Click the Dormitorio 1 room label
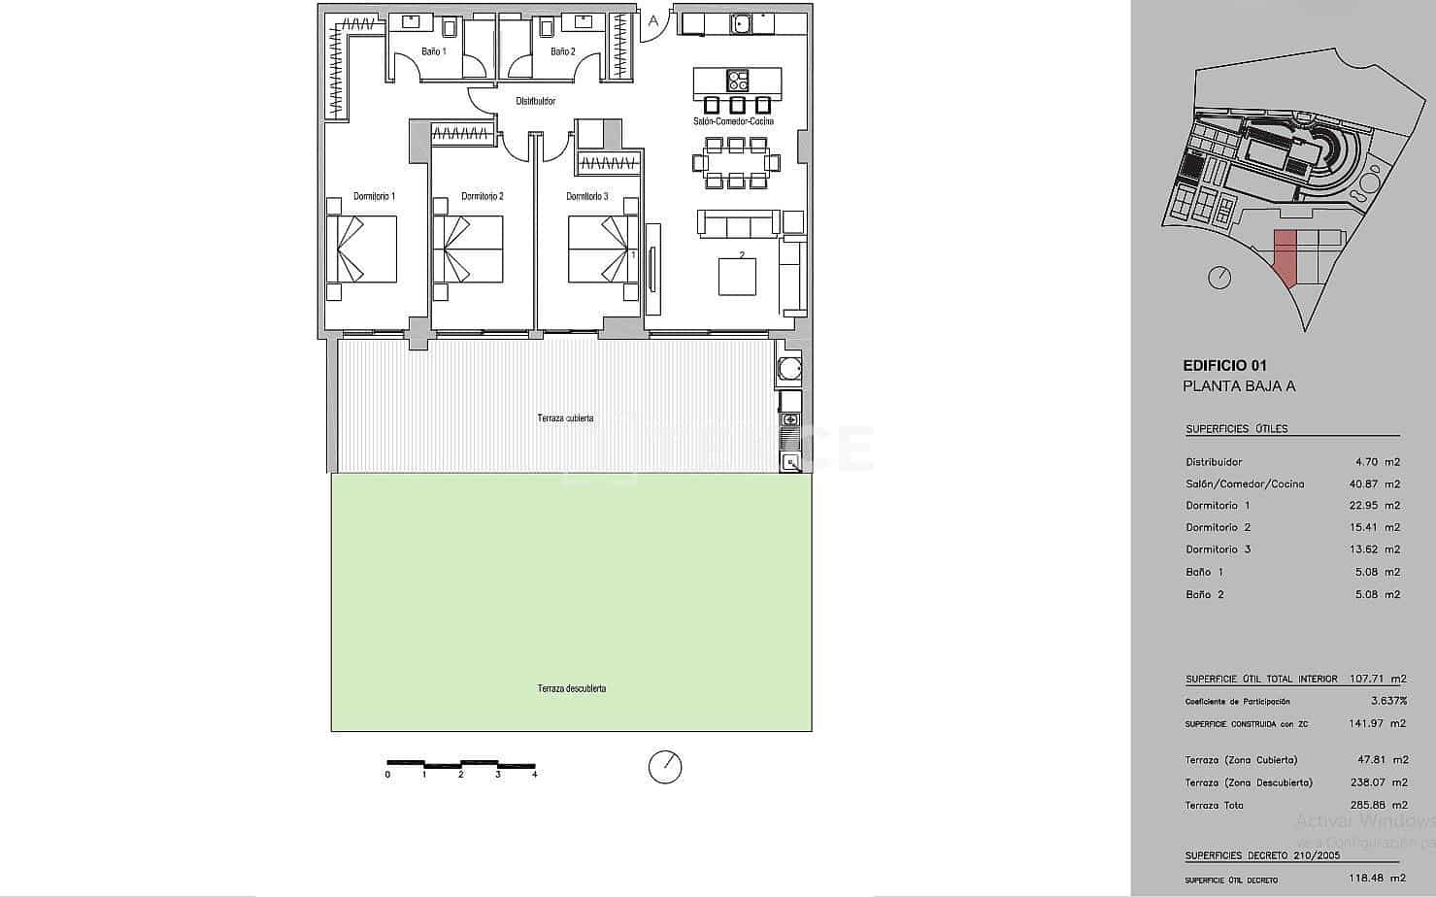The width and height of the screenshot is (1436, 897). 374,196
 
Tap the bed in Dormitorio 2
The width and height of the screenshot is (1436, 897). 468,249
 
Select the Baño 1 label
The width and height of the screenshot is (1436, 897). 434,51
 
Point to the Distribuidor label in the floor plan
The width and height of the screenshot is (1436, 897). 535,101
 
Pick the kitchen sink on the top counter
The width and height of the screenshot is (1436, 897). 743,23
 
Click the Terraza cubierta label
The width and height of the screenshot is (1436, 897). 565,418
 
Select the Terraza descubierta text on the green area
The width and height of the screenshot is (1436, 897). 572,688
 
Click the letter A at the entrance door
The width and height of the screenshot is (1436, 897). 653,20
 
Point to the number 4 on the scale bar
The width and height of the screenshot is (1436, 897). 534,775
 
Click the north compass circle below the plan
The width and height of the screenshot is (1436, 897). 665,766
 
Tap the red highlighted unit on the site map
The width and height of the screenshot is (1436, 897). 1285,257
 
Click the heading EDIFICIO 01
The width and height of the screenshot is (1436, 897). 1224,366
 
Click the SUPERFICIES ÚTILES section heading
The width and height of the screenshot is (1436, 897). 1236,429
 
